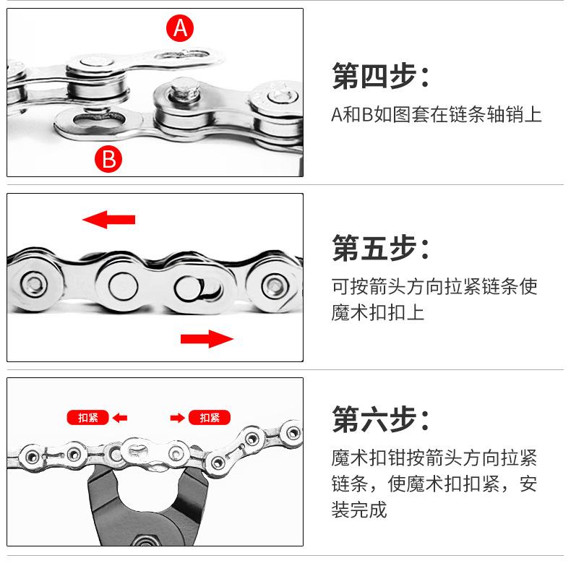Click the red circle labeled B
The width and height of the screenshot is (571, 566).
(108, 158)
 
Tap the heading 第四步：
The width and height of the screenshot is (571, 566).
(380, 77)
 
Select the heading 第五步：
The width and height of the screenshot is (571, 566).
(380, 248)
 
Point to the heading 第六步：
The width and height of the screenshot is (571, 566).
(380, 419)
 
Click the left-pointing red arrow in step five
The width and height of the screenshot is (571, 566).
(108, 218)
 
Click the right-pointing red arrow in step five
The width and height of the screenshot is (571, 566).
(207, 338)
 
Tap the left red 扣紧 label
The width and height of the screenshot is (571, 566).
(87, 417)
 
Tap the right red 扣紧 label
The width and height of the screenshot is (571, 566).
(210, 417)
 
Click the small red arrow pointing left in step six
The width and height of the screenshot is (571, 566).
(120, 417)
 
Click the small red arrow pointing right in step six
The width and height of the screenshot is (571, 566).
(177, 417)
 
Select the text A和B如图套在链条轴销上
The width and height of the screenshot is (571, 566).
(436, 115)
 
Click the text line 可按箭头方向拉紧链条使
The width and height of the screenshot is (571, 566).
(434, 286)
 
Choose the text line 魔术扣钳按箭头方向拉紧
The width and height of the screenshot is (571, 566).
(434, 458)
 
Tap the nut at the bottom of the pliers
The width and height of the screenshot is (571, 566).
(153, 539)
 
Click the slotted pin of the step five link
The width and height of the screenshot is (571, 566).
(189, 288)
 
